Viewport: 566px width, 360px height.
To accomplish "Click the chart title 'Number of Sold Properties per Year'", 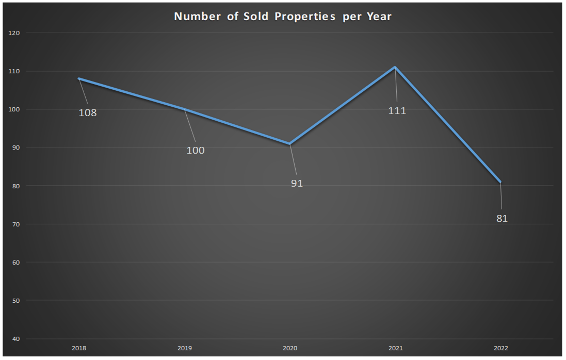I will (x=283, y=17).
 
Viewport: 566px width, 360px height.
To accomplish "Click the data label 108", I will (x=88, y=112).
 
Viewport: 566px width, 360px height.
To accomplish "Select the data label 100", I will (x=196, y=151).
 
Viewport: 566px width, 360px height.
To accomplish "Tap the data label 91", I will (x=297, y=183).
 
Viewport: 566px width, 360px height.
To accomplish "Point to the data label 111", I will (x=397, y=110).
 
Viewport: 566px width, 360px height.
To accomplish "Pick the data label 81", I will (x=502, y=219).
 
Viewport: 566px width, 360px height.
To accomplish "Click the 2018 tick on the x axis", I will (x=78, y=349).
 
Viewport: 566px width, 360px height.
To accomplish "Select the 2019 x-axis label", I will (x=184, y=349).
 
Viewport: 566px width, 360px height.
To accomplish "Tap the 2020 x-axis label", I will (x=290, y=349).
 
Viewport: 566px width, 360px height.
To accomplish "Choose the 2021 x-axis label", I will (x=395, y=349).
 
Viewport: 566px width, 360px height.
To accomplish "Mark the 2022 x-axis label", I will (x=500, y=349).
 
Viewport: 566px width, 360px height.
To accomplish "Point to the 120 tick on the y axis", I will (x=14, y=33).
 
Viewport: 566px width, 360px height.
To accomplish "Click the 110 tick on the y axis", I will (x=14, y=71).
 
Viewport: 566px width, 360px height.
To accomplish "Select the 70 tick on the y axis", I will (x=15, y=224).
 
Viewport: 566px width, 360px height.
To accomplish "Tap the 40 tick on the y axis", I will (x=15, y=339).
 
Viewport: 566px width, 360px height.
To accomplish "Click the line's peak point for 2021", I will (x=395, y=67).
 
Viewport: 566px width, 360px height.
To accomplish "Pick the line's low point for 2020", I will (x=290, y=143).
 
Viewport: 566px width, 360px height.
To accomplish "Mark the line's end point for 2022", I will (x=500, y=182).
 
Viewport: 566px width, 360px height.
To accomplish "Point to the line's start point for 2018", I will (x=78, y=78).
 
